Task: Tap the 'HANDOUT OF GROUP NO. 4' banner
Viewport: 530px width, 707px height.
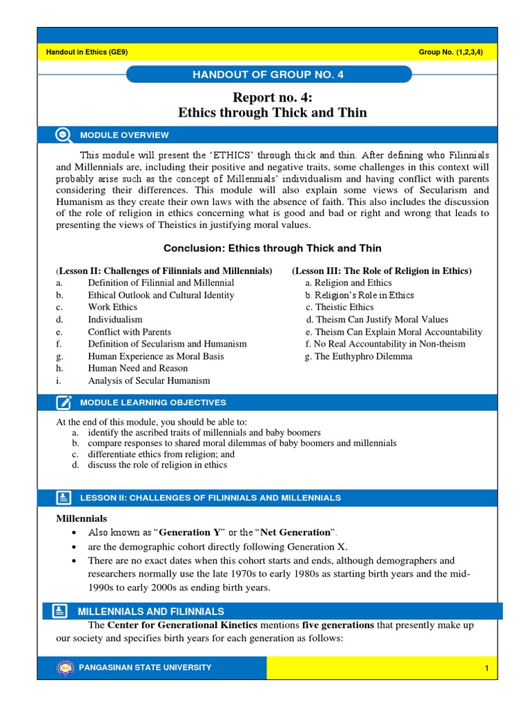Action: click(x=267, y=75)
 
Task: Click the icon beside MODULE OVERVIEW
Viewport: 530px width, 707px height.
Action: click(x=63, y=135)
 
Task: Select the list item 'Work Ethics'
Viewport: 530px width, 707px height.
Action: click(x=112, y=307)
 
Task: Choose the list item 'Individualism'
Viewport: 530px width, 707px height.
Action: click(x=115, y=320)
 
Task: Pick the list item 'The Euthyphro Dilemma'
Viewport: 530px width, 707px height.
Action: click(x=358, y=356)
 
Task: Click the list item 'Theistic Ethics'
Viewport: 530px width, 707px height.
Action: click(x=344, y=307)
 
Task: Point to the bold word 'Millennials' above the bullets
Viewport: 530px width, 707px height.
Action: click(x=81, y=518)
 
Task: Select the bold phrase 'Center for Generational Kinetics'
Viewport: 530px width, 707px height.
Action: click(x=182, y=625)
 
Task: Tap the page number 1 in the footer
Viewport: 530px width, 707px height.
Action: click(x=487, y=668)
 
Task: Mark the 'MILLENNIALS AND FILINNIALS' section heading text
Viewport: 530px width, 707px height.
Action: click(x=151, y=611)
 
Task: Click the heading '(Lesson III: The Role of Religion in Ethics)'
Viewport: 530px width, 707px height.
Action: click(x=382, y=271)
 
